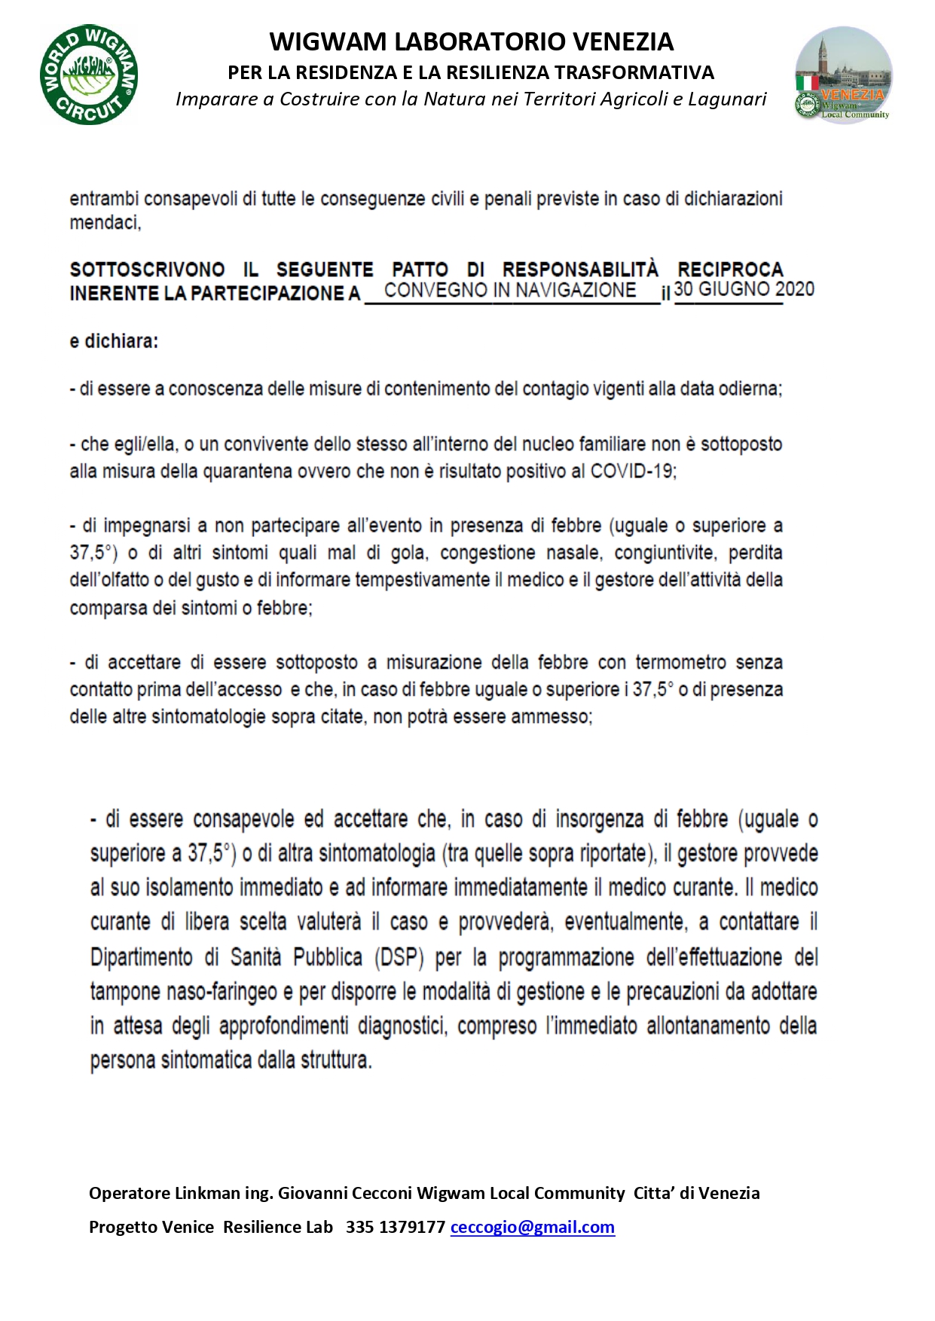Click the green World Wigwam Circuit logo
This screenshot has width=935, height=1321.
coord(89,75)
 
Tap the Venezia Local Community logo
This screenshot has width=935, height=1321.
coord(844,75)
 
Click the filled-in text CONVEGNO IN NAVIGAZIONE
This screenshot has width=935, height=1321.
coord(510,291)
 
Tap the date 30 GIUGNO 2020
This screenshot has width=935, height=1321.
coord(744,289)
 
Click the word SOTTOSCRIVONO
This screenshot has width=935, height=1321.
coord(147,270)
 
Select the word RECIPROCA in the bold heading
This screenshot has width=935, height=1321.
coord(730,270)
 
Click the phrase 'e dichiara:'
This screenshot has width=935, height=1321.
coord(114,341)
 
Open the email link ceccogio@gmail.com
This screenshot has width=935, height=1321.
coord(532,1227)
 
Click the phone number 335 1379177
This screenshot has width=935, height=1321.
coord(395,1227)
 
